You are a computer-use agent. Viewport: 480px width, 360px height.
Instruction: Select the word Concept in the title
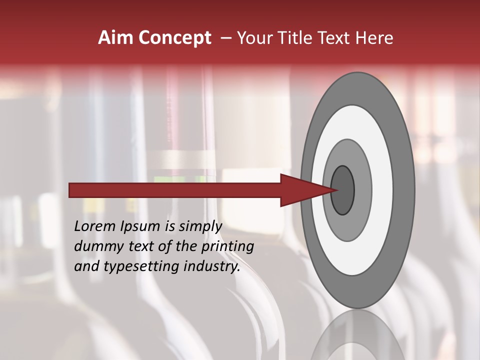[x=174, y=38]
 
